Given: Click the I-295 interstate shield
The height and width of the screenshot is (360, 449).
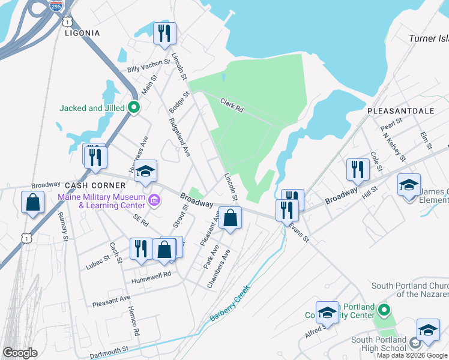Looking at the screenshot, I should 56,5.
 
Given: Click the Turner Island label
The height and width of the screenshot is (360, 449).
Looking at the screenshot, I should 428,38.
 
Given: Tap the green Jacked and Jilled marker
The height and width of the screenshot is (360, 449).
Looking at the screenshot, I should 134,108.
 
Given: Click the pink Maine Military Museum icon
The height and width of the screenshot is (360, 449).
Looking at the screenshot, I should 155,199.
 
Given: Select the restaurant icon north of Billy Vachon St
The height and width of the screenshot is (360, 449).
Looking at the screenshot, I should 164,34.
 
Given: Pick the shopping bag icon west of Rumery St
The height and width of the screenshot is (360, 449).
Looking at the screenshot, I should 32,202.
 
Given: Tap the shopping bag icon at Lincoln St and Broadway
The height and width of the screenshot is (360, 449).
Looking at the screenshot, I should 230,218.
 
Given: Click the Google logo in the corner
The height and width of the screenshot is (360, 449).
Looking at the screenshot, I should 20,353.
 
